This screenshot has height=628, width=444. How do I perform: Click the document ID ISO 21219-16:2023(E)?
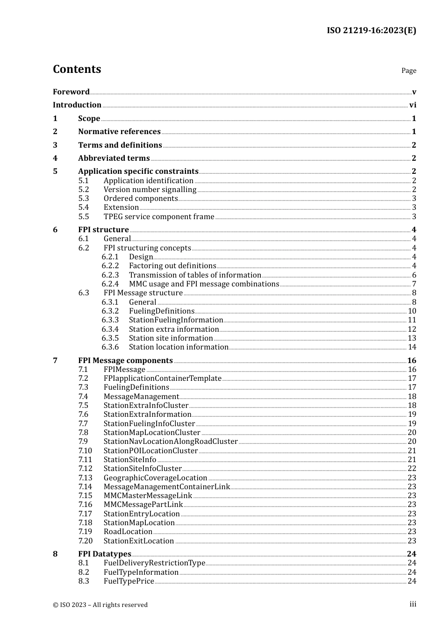(371, 31)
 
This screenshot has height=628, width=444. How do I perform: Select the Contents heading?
(77, 69)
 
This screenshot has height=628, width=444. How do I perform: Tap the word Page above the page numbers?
(408, 71)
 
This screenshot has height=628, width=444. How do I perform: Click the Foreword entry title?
(71, 92)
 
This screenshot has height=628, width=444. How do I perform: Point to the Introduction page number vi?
(413, 105)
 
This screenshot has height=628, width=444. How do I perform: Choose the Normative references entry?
(119, 132)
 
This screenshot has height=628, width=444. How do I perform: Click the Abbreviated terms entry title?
(114, 158)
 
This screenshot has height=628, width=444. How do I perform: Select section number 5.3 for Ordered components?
(83, 199)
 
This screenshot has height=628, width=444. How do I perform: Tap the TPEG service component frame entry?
(158, 217)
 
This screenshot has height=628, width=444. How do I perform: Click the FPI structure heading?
(103, 230)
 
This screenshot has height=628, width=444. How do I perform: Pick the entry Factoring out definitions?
(172, 266)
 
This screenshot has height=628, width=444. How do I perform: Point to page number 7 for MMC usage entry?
(414, 284)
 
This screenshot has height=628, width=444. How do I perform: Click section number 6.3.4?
(110, 329)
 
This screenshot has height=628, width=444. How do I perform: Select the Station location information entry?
(179, 347)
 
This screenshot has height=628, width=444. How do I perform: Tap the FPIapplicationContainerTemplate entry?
(162, 378)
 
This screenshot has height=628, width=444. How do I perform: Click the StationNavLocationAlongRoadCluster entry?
(171, 442)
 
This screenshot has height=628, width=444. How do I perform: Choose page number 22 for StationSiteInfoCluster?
(412, 469)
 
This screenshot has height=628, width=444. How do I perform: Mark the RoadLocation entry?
(128, 532)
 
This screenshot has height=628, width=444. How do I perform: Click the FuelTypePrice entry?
(129, 581)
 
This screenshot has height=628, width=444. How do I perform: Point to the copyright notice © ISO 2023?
(100, 605)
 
